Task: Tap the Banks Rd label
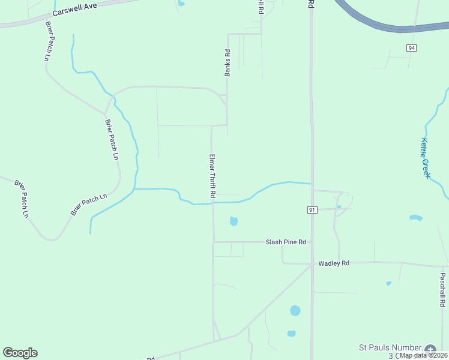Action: click(228, 62)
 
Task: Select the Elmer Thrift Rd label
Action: click(212, 176)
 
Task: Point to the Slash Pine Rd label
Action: click(286, 242)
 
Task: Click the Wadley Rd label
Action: click(334, 263)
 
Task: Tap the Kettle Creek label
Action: click(425, 158)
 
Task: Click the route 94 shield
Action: click(411, 48)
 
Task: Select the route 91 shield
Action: click(312, 210)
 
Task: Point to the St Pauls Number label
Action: click(389, 347)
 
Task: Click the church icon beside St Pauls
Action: click(430, 350)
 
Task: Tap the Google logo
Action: click(20, 353)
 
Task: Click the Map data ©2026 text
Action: click(424, 355)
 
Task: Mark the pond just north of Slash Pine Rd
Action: click(234, 221)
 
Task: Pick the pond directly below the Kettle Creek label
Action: click(415, 217)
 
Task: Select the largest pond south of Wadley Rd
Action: click(295, 310)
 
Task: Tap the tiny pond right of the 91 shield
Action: click(339, 207)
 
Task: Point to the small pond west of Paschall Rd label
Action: click(389, 283)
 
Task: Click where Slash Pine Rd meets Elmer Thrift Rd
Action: click(213, 242)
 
